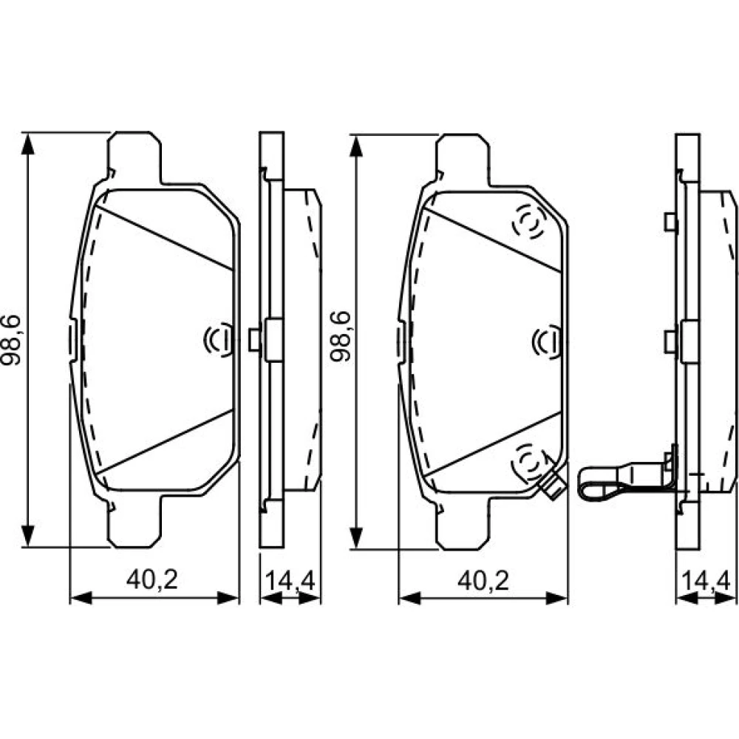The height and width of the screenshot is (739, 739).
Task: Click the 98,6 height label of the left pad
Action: click(11, 340)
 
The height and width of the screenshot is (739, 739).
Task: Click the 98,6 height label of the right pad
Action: click(341, 336)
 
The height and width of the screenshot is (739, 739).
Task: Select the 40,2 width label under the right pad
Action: click(483, 581)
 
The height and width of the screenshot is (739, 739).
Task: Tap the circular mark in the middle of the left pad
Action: click(218, 339)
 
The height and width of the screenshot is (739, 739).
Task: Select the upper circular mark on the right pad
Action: click(529, 222)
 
